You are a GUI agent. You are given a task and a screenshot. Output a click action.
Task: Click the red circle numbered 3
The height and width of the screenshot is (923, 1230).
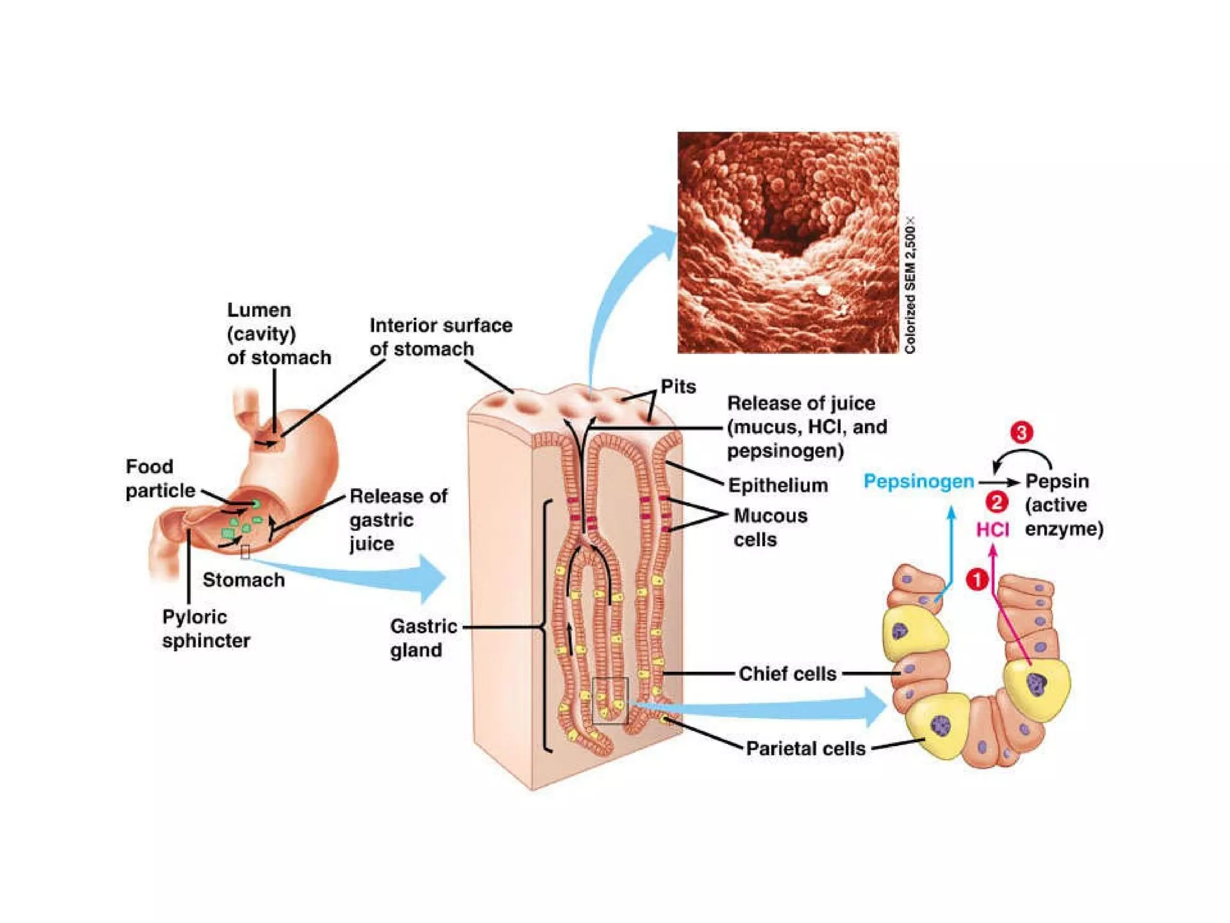point(1022,433)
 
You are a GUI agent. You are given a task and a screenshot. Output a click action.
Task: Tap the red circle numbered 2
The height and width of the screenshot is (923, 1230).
point(996,502)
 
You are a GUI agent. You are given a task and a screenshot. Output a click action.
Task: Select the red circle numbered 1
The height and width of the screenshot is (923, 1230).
point(977,580)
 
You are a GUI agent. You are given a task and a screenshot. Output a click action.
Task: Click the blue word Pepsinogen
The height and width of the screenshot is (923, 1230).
point(918,481)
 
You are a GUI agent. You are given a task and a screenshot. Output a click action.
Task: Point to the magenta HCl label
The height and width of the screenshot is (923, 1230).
point(992,529)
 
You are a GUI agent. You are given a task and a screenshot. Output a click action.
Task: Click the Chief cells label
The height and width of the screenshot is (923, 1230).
point(787,674)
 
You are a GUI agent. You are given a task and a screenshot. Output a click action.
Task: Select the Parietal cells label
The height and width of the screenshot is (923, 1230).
point(805,748)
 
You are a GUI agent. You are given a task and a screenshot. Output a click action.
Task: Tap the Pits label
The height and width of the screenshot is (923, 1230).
point(678,386)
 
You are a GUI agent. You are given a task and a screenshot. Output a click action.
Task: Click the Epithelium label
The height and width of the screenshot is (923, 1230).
point(778,485)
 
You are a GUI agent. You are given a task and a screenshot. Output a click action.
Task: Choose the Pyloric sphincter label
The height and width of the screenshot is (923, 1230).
point(205,629)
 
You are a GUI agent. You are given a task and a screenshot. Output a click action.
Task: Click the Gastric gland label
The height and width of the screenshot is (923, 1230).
point(423,638)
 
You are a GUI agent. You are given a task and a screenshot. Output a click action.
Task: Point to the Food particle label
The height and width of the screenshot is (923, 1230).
point(160,478)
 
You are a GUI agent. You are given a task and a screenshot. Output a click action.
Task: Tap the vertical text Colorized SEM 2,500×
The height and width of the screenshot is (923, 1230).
point(910,285)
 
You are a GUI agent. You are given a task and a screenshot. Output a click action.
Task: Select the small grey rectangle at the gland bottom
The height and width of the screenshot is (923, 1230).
point(610,700)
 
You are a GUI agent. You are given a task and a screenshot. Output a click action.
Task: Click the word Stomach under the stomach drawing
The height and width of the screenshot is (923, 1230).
point(243,580)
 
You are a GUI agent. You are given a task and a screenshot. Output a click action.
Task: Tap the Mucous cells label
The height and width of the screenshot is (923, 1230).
point(770,528)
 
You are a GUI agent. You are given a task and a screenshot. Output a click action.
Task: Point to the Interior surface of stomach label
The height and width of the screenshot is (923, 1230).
point(440,337)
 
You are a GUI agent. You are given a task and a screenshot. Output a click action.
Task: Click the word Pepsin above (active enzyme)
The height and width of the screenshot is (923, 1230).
point(1056,481)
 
